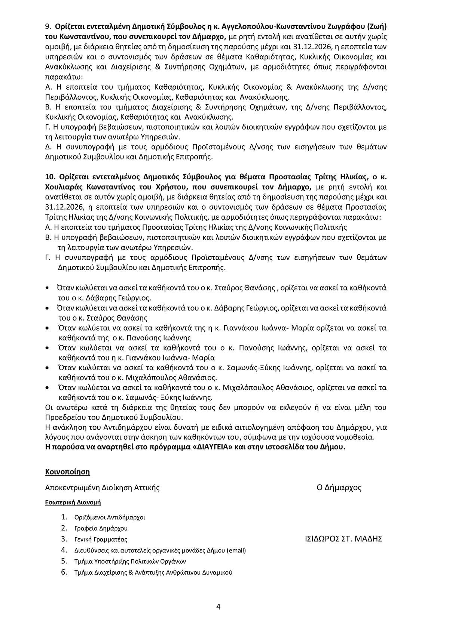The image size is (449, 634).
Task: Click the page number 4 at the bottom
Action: pos(218,606)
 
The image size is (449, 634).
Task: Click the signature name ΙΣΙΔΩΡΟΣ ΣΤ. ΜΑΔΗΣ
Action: pos(343,539)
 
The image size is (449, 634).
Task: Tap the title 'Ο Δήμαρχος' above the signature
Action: pos(339,488)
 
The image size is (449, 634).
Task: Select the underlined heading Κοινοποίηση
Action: pos(67,471)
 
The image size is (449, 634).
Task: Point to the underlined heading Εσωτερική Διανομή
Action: pos(73,502)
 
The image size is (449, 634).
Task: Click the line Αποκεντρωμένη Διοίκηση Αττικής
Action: pos(102,488)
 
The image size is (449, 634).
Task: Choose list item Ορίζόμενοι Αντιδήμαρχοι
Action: pos(110,517)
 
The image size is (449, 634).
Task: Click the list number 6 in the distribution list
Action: pos(64,572)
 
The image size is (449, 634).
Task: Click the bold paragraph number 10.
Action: pos(49,177)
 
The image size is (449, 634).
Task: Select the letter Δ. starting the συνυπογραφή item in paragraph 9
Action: pos(48,147)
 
